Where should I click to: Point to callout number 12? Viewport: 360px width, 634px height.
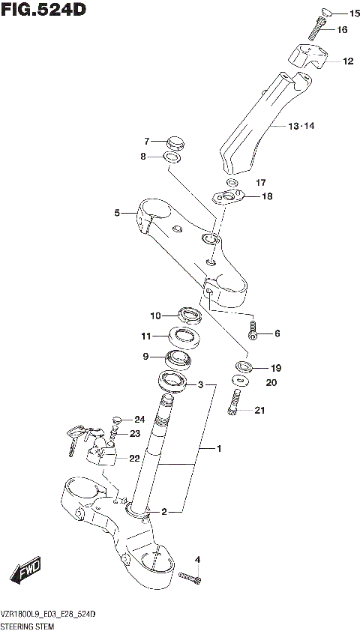pyautogui.click(x=347, y=61)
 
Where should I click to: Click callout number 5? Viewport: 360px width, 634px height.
pyautogui.click(x=117, y=214)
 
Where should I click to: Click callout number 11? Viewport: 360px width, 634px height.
pyautogui.click(x=147, y=336)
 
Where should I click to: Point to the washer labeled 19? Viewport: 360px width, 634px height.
pyautogui.click(x=242, y=366)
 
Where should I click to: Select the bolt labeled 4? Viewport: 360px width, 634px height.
pyautogui.click(x=190, y=576)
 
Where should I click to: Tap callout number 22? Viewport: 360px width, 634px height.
pyautogui.click(x=134, y=459)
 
